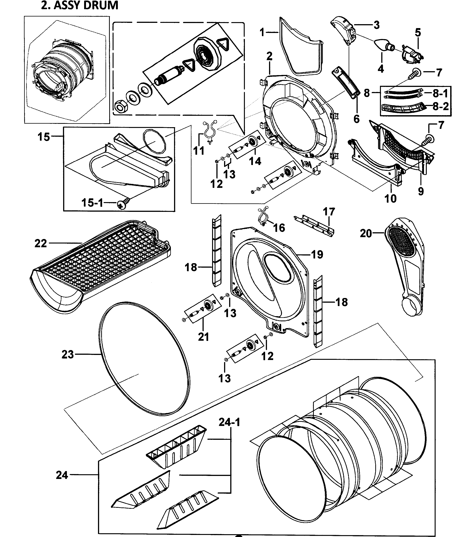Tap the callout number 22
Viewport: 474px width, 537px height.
click(x=41, y=243)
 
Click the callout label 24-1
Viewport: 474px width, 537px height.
click(x=229, y=422)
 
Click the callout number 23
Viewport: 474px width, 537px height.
click(x=67, y=354)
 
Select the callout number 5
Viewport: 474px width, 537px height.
click(x=418, y=33)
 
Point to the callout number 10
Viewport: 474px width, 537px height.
click(x=390, y=199)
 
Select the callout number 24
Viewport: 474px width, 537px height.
click(x=62, y=475)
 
